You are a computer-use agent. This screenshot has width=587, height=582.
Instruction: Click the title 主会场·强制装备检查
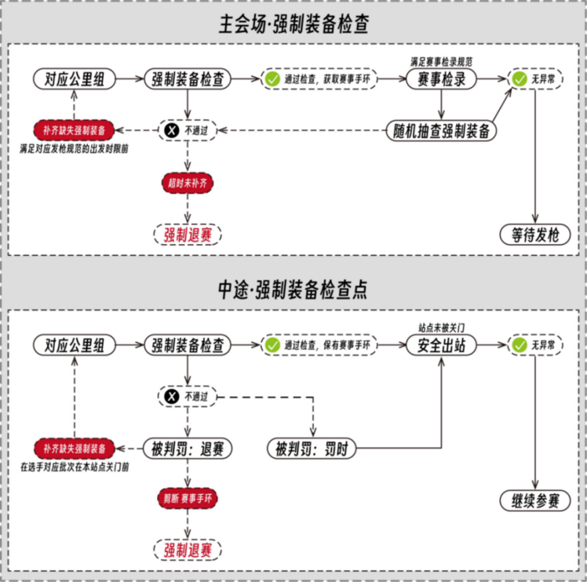tap(293, 25)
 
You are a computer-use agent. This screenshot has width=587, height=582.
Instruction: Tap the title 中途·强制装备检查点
tap(293, 289)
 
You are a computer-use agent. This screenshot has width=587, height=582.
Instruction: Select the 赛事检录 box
tap(442, 79)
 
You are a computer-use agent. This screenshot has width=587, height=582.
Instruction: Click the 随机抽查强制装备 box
tap(442, 130)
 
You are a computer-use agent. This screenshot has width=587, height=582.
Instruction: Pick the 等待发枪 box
tap(535, 234)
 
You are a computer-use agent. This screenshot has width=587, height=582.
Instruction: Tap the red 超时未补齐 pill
tap(188, 182)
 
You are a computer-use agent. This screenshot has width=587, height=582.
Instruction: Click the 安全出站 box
tap(442, 345)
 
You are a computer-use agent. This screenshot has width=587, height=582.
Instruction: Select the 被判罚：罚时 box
tap(311, 448)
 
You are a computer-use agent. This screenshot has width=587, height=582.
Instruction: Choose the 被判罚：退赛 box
tap(188, 448)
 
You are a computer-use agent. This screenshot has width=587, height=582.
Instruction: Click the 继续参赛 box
tap(535, 501)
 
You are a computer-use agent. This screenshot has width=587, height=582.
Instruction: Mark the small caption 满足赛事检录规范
tap(442, 62)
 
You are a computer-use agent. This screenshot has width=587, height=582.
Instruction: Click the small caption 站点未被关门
tap(442, 326)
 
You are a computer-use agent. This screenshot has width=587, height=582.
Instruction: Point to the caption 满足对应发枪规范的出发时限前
tap(79, 149)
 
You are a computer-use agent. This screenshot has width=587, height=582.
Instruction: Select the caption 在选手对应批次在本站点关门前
tap(80, 467)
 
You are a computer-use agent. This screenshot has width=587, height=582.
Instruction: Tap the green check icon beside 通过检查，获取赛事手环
tap(273, 79)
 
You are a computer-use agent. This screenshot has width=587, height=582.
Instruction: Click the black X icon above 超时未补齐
tap(171, 130)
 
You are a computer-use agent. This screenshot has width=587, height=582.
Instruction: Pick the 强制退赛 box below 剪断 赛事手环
tap(188, 549)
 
